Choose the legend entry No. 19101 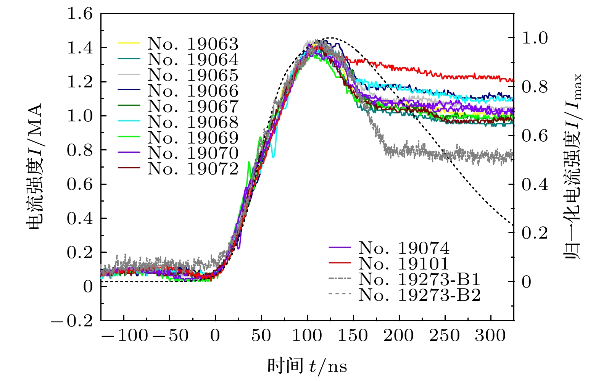pos(404,264)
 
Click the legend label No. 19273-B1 pos(419,279)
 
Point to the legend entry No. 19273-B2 pos(419,295)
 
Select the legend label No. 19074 pos(404,249)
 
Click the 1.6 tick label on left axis pos(80,14)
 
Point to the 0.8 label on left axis pos(80,150)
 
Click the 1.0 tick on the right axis pos(535,38)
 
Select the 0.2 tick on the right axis pos(535,233)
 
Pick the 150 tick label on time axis pos(353,336)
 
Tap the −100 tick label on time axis pos(124,336)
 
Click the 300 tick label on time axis pos(490,336)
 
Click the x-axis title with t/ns pos(307,366)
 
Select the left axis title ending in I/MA pos(35,167)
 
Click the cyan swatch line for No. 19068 pos(129,122)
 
